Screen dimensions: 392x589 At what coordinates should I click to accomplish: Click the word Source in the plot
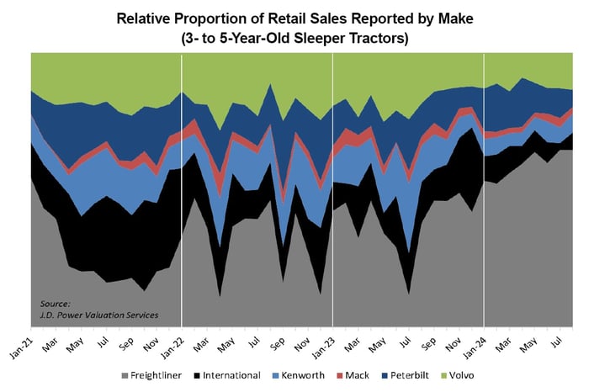click(x=56, y=304)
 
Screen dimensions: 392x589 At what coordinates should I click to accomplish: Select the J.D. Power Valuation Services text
click(x=99, y=315)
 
